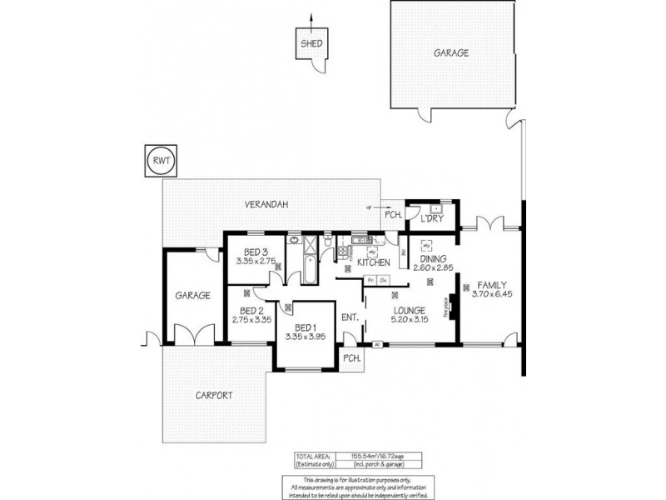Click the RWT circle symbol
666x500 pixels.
[x=161, y=162]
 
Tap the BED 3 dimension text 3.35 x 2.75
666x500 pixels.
[x=255, y=261]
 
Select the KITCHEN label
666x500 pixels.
[x=374, y=263]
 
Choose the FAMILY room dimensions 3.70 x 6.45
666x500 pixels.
[x=491, y=294]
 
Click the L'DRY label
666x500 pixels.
[x=432, y=218]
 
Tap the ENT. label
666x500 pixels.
[x=350, y=317]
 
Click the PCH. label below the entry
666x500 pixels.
[x=351, y=357]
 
